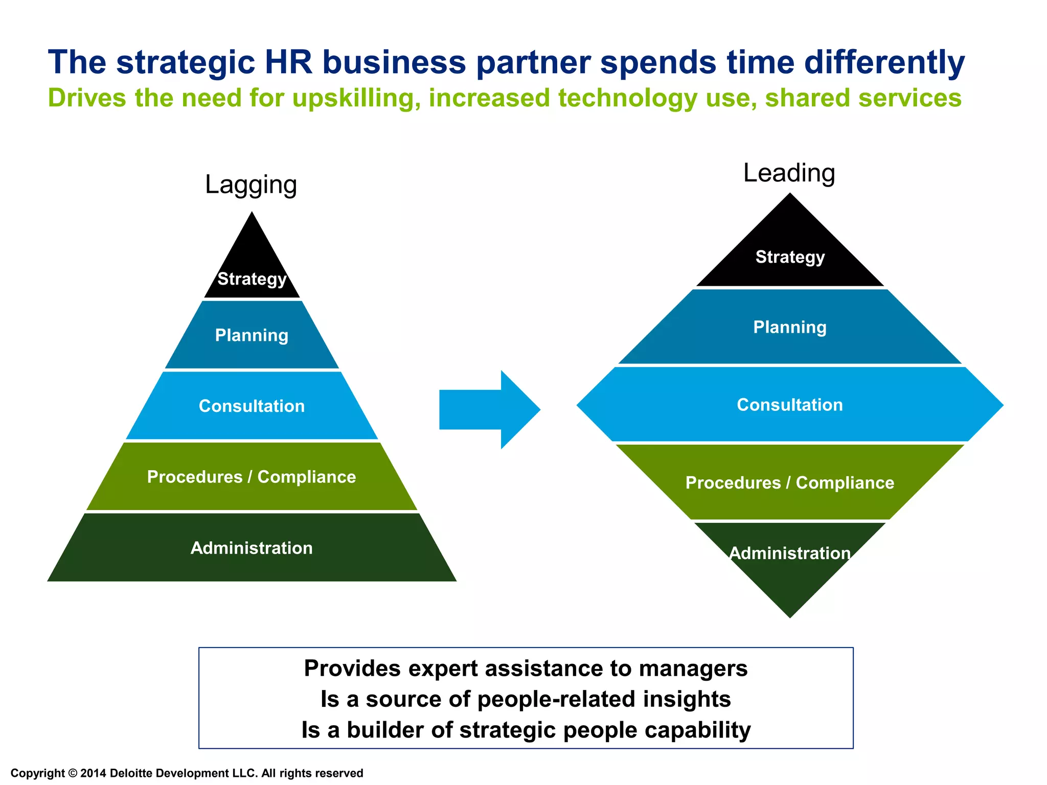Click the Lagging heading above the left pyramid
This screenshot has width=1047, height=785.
coord(251,185)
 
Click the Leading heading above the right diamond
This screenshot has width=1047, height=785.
coord(789,173)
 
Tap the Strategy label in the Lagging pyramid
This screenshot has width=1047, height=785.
coord(252,279)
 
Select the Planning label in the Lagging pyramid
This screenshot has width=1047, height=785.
coord(252,335)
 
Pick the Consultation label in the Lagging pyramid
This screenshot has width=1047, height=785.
coord(252,406)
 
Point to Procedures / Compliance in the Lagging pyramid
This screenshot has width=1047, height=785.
coord(252,477)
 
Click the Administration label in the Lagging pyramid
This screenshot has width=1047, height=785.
coord(252,548)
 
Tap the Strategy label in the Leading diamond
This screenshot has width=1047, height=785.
coord(790,257)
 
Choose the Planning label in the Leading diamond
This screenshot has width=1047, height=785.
coord(790,327)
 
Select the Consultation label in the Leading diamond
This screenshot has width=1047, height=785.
coord(790,405)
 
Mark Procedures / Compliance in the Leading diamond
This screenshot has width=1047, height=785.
coord(790,482)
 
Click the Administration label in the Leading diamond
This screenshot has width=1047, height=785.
coord(790,553)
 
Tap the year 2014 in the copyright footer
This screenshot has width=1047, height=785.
coord(93,773)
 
